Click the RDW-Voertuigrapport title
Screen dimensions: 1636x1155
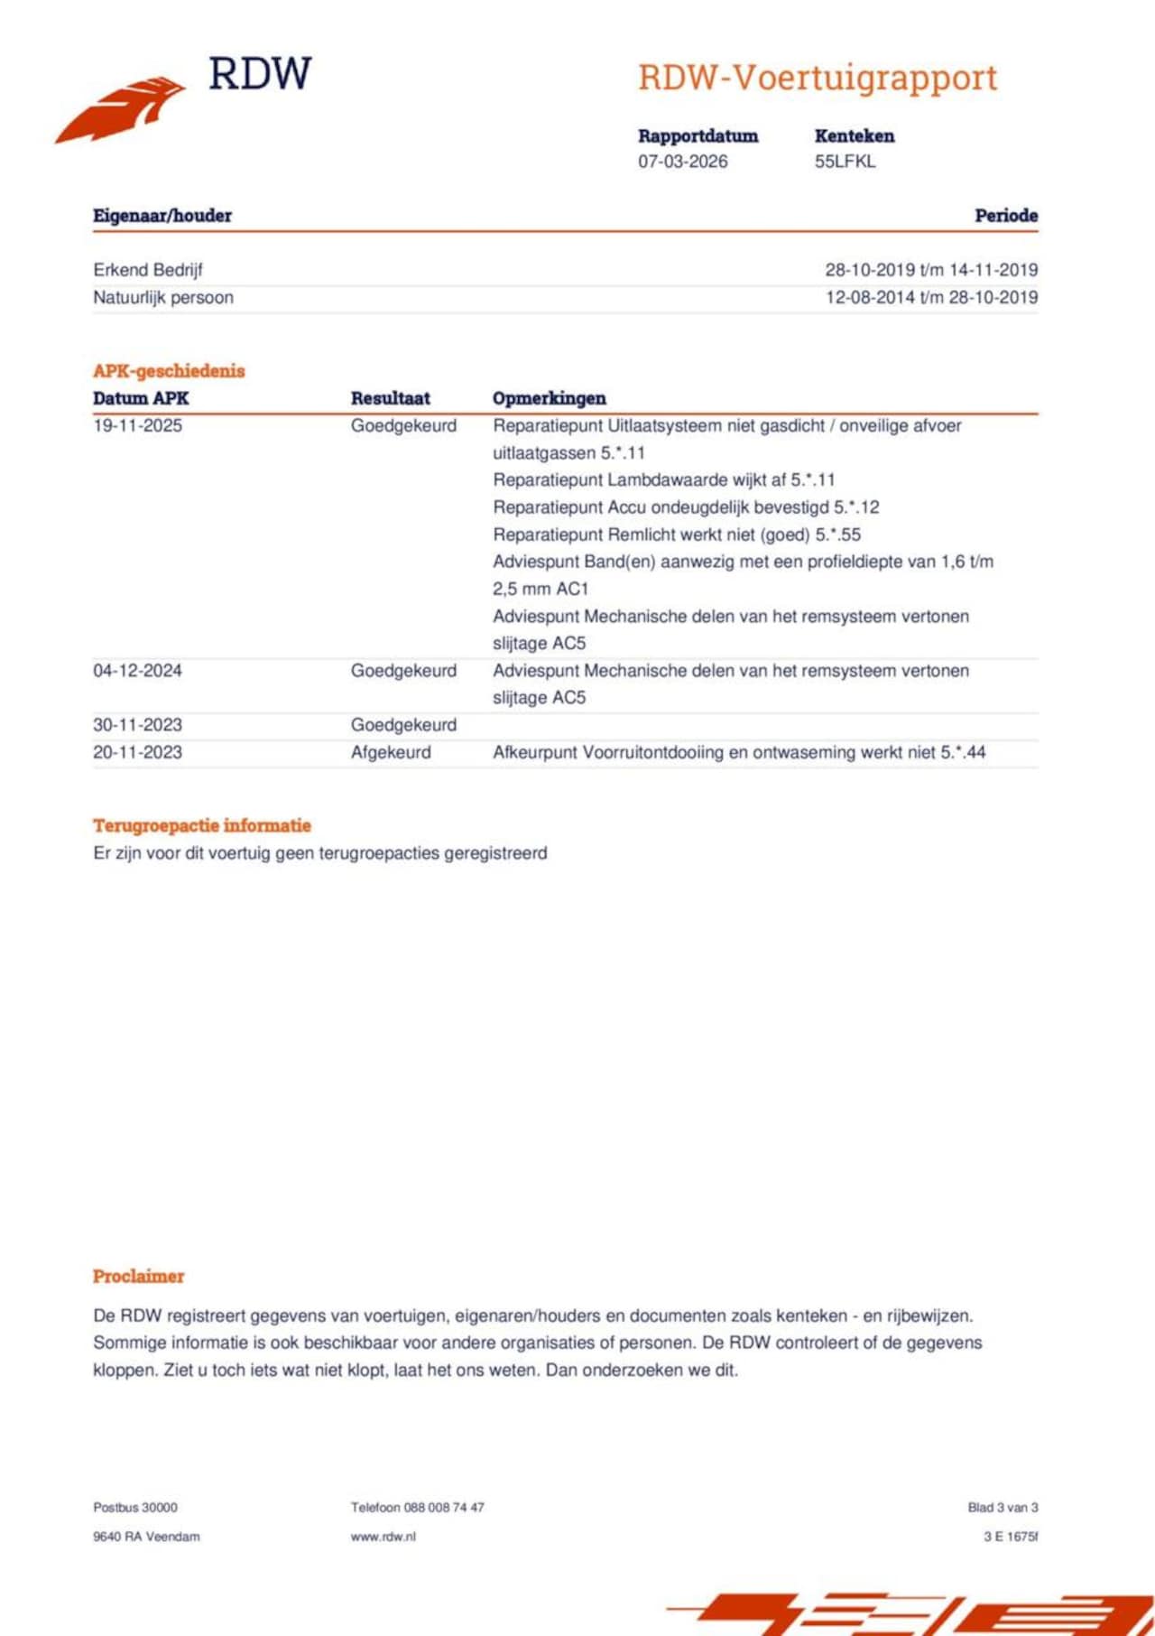(818, 78)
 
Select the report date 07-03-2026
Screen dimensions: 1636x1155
(682, 162)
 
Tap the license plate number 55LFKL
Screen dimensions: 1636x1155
(845, 162)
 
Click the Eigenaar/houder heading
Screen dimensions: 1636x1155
(162, 216)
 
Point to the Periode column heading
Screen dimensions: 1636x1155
(1005, 216)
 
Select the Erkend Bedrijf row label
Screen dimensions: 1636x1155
(148, 270)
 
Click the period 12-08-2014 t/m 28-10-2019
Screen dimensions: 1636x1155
(931, 297)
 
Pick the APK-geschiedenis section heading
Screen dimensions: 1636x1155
(169, 371)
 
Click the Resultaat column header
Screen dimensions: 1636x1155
(390, 398)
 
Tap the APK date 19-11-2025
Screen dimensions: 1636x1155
(137, 425)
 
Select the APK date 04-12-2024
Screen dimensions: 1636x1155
(137, 671)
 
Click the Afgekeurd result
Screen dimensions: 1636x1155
(391, 752)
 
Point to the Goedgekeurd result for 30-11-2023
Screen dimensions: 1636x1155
(403, 725)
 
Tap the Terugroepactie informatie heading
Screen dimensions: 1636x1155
(202, 825)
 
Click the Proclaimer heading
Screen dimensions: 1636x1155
(138, 1276)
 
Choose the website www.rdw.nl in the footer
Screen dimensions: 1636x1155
(383, 1537)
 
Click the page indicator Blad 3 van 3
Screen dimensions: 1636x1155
(1003, 1507)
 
